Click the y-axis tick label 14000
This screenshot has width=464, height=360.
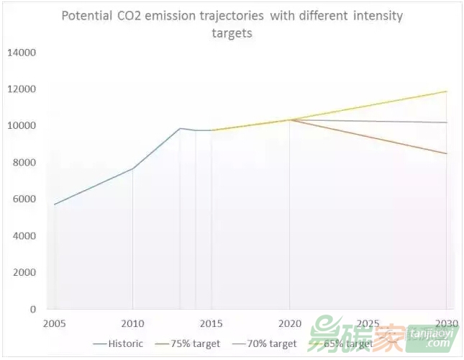point(22,53)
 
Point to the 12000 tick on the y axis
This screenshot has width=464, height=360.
point(22,89)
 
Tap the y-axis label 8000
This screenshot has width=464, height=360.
point(24,163)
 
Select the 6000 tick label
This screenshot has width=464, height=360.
point(24,199)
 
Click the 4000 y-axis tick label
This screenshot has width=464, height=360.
point(24,236)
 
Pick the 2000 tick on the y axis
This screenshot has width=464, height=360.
point(24,273)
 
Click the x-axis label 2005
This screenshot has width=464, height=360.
point(55,323)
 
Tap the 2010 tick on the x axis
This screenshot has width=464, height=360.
point(133,323)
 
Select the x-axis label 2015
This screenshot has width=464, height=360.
point(211,323)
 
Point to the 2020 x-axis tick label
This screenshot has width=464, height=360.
point(290,323)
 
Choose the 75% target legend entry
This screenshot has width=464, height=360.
point(195,343)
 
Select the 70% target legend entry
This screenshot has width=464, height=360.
point(271,343)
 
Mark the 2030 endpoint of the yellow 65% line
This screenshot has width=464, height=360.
point(447,91)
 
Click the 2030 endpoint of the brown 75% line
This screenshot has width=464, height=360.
point(447,153)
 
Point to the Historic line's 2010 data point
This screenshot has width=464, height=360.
point(133,168)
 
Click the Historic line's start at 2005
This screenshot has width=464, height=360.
point(55,204)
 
